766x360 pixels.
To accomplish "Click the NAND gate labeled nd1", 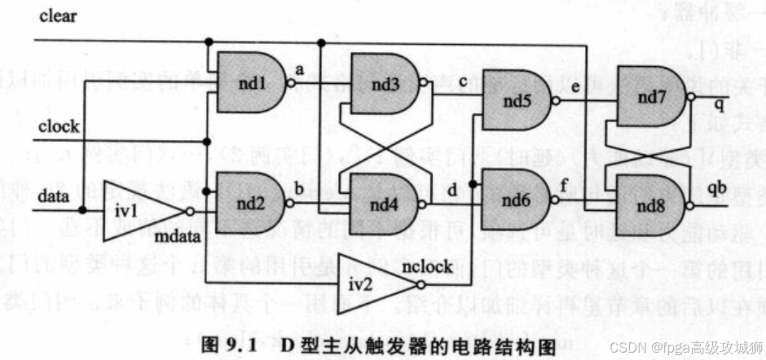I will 245,82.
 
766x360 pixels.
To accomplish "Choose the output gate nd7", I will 649,97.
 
